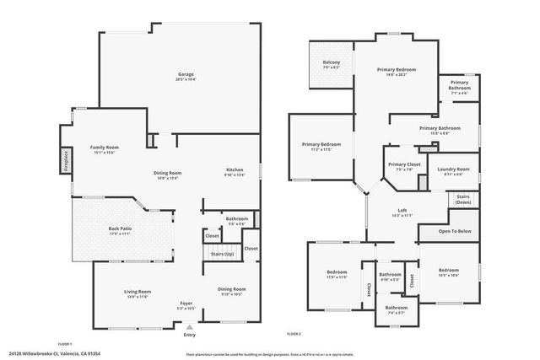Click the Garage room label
click(185, 74)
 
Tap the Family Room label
click(105, 148)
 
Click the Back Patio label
click(120, 228)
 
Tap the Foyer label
click(186, 303)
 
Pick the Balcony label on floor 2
click(332, 62)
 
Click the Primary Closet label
click(404, 164)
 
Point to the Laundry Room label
click(453, 169)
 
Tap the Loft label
click(402, 212)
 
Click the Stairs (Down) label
click(463, 200)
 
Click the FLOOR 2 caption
click(294, 334)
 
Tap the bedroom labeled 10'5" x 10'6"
click(448, 271)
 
